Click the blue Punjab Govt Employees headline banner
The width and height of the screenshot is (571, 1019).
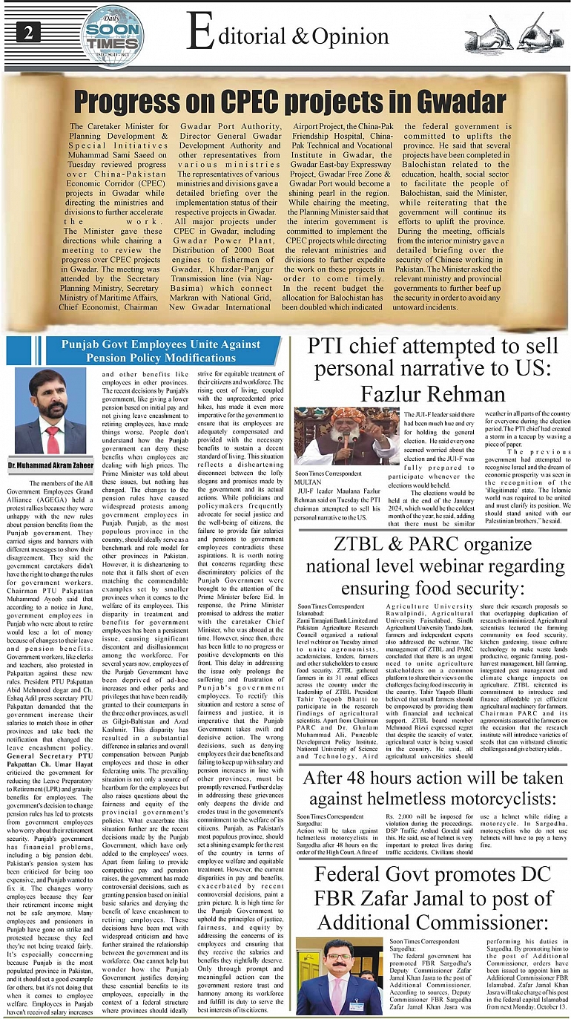[161, 351]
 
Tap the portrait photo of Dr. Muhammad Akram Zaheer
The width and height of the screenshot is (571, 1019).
[51, 412]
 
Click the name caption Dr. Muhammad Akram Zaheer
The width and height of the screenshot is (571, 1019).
[51, 465]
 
